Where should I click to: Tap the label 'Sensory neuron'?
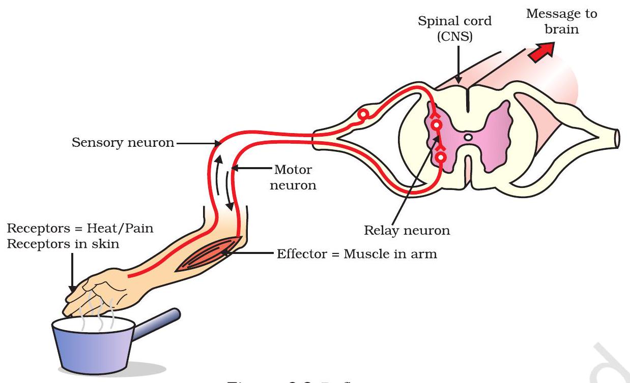(x=123, y=143)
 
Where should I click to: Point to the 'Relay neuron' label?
(x=407, y=231)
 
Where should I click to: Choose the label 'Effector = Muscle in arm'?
(x=357, y=253)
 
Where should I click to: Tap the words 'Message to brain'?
(x=561, y=21)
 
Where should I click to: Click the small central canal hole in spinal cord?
(x=469, y=137)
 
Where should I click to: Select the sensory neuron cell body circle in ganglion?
(x=362, y=115)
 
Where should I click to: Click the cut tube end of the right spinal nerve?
(x=617, y=138)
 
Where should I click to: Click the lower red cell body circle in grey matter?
(x=440, y=158)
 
